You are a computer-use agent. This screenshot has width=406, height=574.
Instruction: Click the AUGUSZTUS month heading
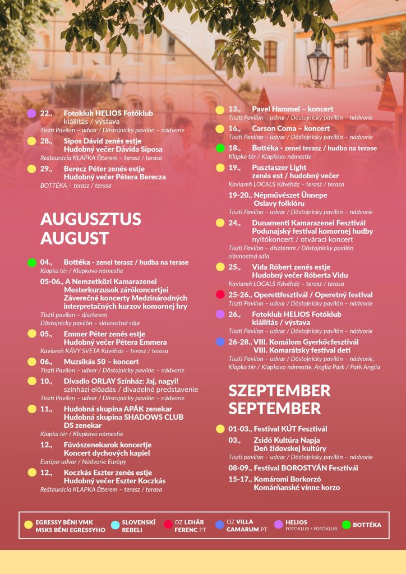pos(91,219)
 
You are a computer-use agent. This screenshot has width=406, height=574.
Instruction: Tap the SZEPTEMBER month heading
pos(279,390)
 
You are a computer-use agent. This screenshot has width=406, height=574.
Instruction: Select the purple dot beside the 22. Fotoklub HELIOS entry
pos(32,113)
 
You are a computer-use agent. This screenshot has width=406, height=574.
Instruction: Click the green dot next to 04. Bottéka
pos(32,262)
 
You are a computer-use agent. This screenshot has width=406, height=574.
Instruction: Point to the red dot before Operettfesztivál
pos(220,295)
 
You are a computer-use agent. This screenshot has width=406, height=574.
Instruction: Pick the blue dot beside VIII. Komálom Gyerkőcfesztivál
pos(220,342)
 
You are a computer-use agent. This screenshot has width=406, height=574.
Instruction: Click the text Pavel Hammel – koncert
pos(292,109)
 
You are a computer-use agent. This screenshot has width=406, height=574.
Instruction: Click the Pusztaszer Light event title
pos(279,168)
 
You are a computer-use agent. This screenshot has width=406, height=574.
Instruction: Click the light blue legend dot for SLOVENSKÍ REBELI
pos(115,525)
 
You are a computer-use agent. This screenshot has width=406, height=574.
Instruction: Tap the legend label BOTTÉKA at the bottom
pos(367,525)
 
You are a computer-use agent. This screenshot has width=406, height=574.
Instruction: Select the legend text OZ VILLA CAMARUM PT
pos(246,525)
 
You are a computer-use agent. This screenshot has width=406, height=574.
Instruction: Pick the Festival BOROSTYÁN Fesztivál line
pos(306,468)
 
